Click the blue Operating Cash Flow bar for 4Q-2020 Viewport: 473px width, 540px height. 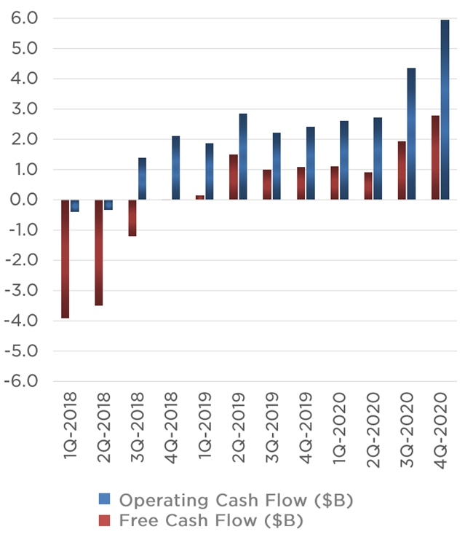tap(445, 109)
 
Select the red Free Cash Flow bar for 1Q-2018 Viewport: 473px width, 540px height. tap(65, 259)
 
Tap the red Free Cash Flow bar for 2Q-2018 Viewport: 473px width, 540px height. tap(99, 252)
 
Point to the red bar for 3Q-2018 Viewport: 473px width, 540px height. tap(132, 217)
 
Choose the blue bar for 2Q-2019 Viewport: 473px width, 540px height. tap(243, 156)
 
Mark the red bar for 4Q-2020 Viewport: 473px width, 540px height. tap(435, 157)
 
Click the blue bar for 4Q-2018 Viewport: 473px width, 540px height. tap(176, 168)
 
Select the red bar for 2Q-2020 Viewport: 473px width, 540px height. tap(368, 186)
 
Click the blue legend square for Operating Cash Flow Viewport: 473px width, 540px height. tap(104, 500)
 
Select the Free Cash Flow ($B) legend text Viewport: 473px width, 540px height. tap(210, 520)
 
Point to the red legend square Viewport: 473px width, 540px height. tap(104, 520)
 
